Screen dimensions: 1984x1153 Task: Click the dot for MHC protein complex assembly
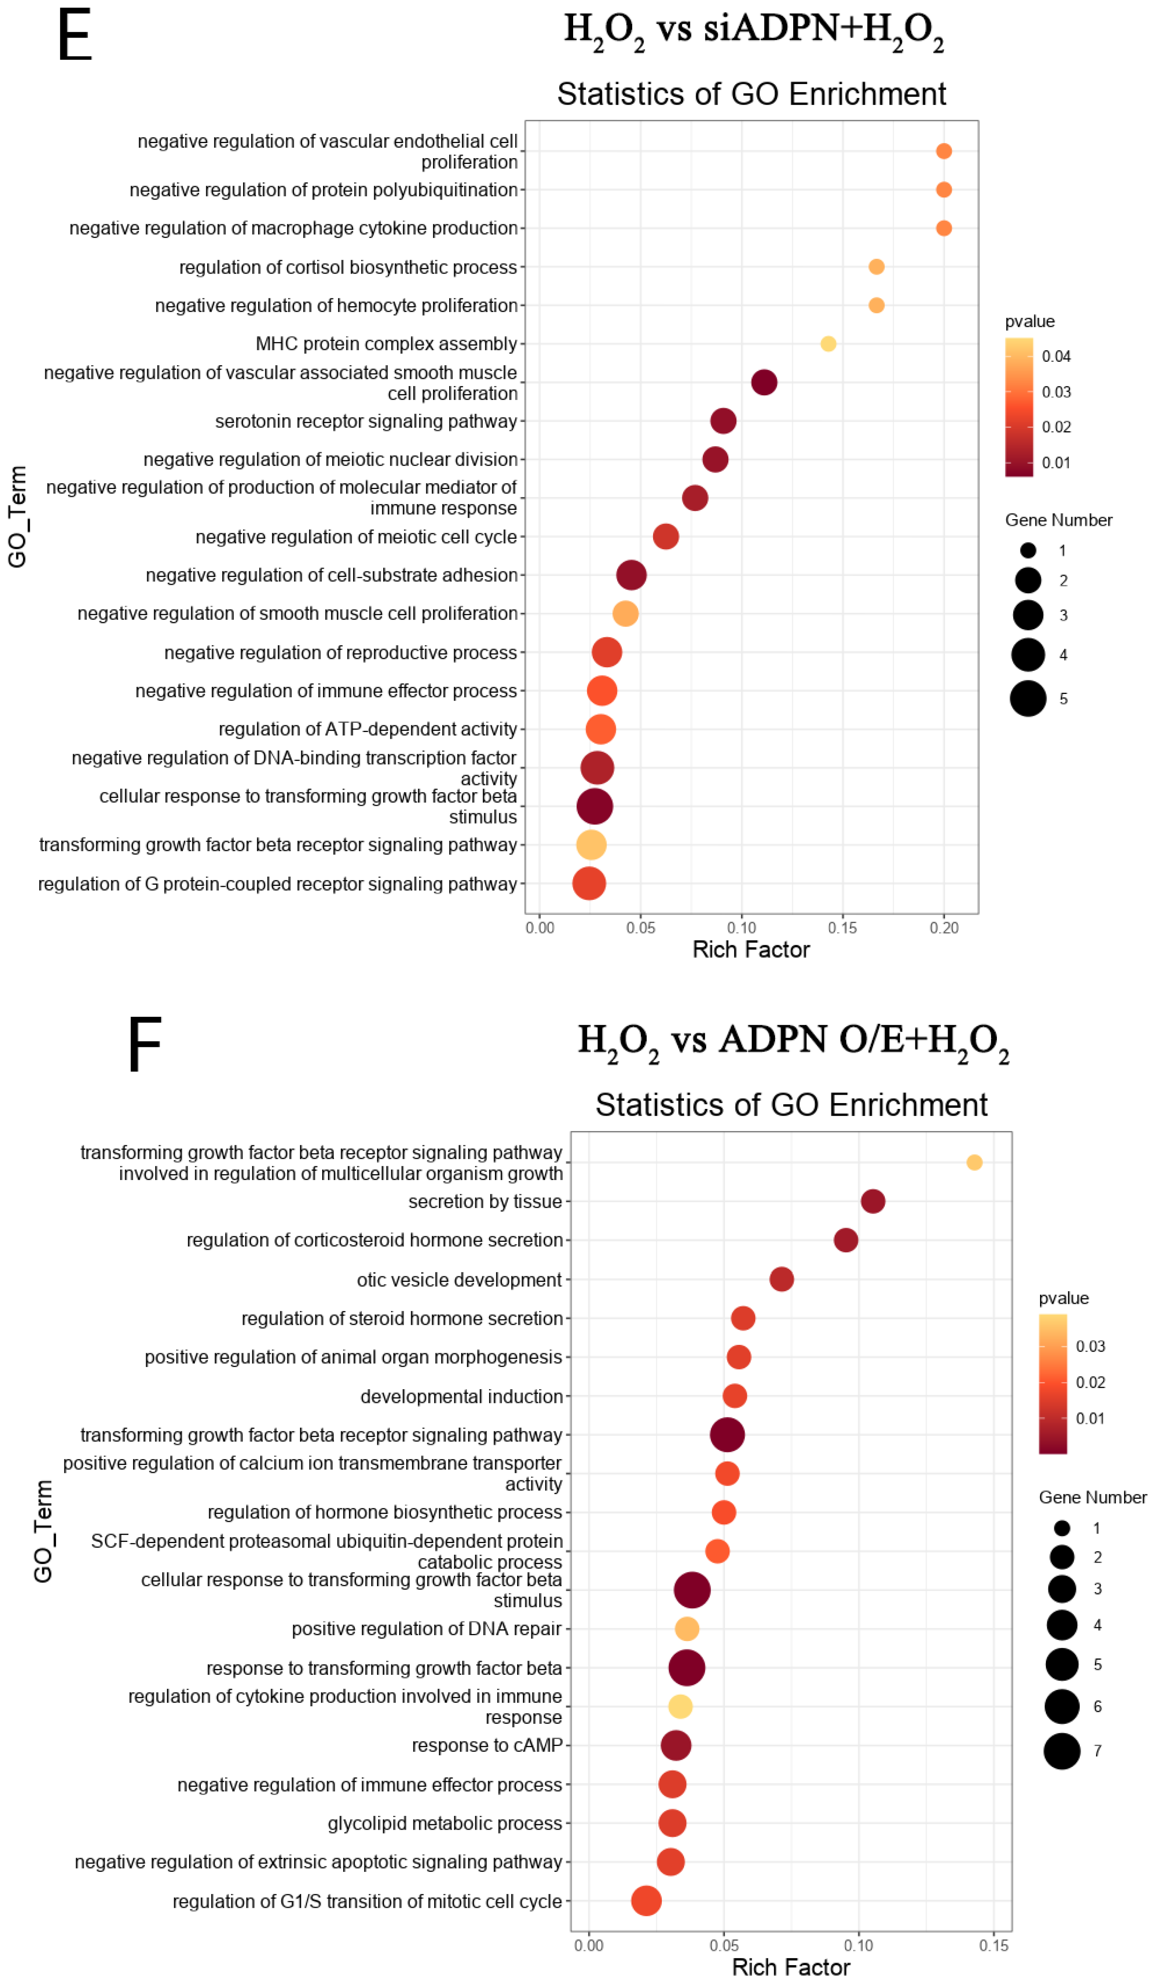click(x=828, y=344)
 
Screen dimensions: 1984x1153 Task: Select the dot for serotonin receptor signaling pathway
click(x=723, y=421)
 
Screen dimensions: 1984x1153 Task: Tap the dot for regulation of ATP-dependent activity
click(x=600, y=729)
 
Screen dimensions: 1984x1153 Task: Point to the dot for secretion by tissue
click(x=873, y=1201)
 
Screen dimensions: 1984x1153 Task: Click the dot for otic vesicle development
click(x=781, y=1279)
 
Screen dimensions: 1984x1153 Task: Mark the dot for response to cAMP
click(x=676, y=1746)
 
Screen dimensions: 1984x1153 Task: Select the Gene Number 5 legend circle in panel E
click(x=1028, y=698)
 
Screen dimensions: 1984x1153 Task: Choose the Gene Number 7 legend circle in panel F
click(x=1062, y=1751)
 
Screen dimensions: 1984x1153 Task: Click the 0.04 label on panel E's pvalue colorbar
click(x=1056, y=357)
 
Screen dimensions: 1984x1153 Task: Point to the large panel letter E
click(x=75, y=36)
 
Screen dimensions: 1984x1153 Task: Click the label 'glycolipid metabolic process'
click(x=445, y=1823)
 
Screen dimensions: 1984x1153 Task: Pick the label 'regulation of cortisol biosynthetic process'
click(x=348, y=268)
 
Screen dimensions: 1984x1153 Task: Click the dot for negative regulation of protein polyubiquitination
click(x=943, y=190)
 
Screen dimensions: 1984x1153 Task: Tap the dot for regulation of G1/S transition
click(x=646, y=1900)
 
